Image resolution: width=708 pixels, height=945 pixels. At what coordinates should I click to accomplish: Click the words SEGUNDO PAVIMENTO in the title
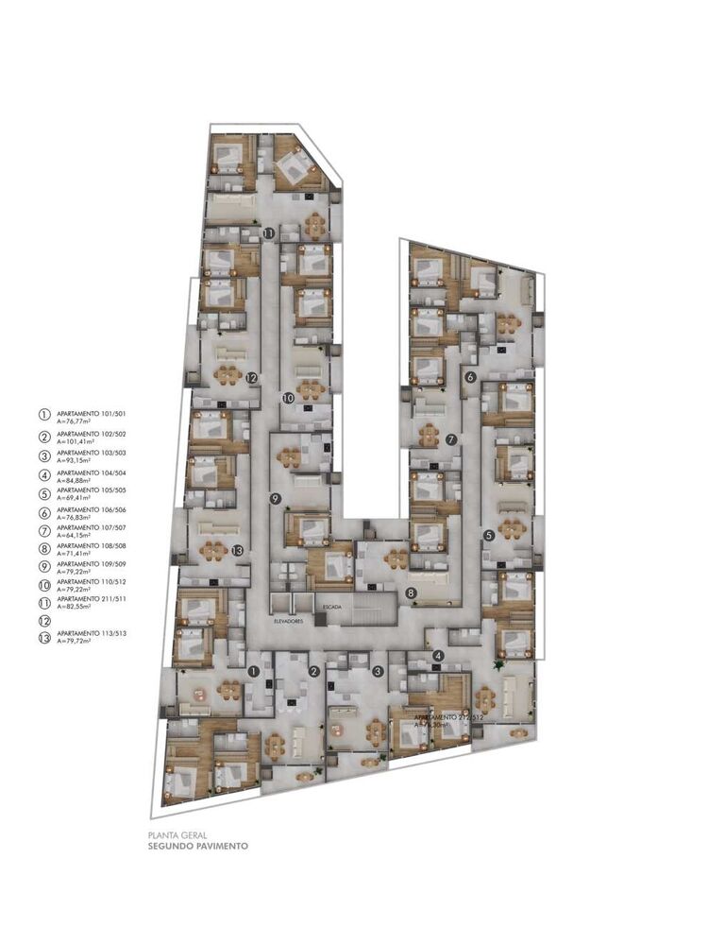pos(198,847)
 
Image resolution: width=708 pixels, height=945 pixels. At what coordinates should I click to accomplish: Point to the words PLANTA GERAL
pos(173,835)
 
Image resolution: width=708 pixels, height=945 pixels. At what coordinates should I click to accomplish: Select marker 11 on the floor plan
pos(269,232)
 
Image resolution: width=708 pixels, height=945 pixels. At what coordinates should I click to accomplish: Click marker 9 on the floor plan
pos(276,498)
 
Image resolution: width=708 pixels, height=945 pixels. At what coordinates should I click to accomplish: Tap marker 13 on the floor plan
pos(237,550)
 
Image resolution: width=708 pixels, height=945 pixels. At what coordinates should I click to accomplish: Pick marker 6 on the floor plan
pos(470,377)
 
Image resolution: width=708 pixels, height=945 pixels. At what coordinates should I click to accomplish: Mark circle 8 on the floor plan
pos(412,593)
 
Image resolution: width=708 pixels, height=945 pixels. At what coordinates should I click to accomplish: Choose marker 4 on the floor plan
pos(438,656)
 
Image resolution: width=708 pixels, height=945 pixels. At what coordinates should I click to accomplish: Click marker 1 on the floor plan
pos(252,671)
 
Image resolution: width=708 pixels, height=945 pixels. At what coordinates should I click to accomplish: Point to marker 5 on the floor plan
pos(489,536)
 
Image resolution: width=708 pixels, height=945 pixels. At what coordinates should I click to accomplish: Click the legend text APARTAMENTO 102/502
pos(91,433)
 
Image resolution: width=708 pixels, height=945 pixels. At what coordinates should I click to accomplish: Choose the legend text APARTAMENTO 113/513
pos(91,633)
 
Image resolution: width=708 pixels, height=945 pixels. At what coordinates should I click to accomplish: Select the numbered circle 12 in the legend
pos(42,621)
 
